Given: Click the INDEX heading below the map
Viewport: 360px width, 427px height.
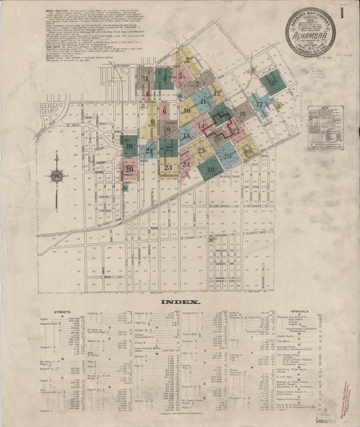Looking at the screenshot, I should (x=180, y=303).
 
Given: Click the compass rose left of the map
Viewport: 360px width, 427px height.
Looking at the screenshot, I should (x=57, y=176).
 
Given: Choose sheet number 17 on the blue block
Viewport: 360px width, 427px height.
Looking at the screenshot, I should (x=259, y=105).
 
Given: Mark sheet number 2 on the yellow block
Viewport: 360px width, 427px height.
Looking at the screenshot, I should (x=187, y=60).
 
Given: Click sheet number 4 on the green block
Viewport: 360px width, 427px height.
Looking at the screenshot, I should (x=163, y=77).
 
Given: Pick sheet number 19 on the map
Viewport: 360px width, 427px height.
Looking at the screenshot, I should (x=128, y=144).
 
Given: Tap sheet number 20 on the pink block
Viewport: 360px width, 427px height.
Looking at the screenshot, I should (x=128, y=169).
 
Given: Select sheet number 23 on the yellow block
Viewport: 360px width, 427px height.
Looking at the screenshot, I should (x=168, y=167).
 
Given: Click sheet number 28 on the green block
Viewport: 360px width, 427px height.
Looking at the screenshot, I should (x=211, y=168).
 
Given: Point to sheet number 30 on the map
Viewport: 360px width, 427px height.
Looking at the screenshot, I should (x=248, y=151).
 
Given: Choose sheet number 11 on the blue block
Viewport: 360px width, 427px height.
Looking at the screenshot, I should (x=203, y=101).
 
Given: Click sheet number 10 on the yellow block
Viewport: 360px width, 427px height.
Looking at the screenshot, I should (x=186, y=109).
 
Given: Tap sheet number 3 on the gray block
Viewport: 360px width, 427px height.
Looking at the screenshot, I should (x=145, y=78).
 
